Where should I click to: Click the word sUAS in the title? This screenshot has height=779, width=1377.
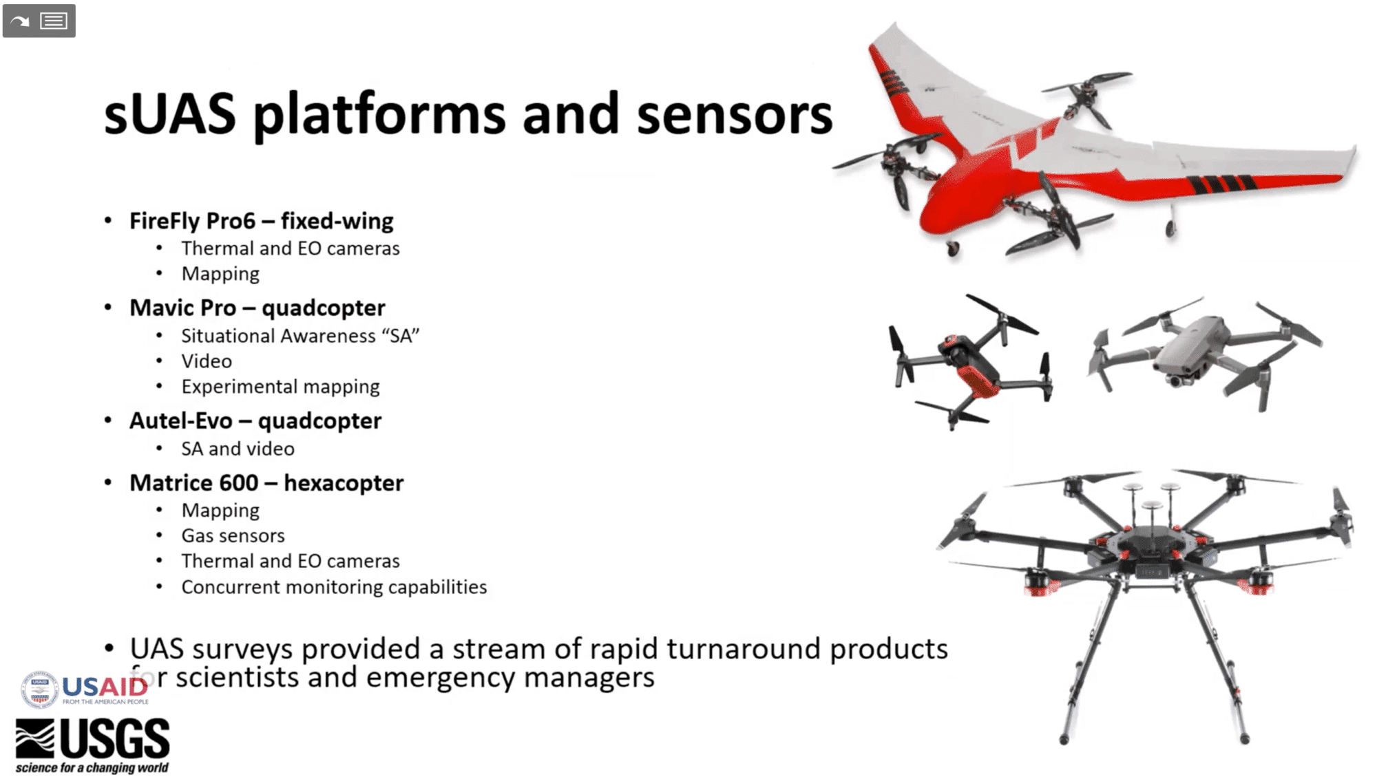point(169,115)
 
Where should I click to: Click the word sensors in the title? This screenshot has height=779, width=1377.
point(734,115)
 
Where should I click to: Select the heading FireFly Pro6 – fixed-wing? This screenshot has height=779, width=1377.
point(261,221)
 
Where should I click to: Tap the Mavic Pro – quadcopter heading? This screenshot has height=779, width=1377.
point(257,308)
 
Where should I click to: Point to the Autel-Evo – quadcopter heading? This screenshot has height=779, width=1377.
point(255,420)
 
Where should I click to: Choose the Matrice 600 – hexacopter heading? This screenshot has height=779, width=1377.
point(266,483)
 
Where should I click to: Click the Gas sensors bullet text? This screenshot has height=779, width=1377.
point(233,535)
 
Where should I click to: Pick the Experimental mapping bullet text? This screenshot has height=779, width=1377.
point(280,387)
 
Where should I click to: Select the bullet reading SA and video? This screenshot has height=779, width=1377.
point(238,449)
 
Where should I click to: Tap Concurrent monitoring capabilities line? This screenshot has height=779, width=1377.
point(334,587)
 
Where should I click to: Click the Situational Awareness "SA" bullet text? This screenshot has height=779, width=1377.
point(300,336)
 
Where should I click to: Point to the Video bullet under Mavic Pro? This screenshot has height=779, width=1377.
point(207,361)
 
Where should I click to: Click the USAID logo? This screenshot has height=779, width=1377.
point(85,689)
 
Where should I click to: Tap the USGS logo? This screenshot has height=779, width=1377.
point(93,745)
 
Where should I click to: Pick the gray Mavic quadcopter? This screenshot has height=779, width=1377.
point(1201,351)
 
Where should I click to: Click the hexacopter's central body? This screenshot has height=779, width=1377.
point(1151,551)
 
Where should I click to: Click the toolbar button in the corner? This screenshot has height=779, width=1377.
point(39,21)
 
